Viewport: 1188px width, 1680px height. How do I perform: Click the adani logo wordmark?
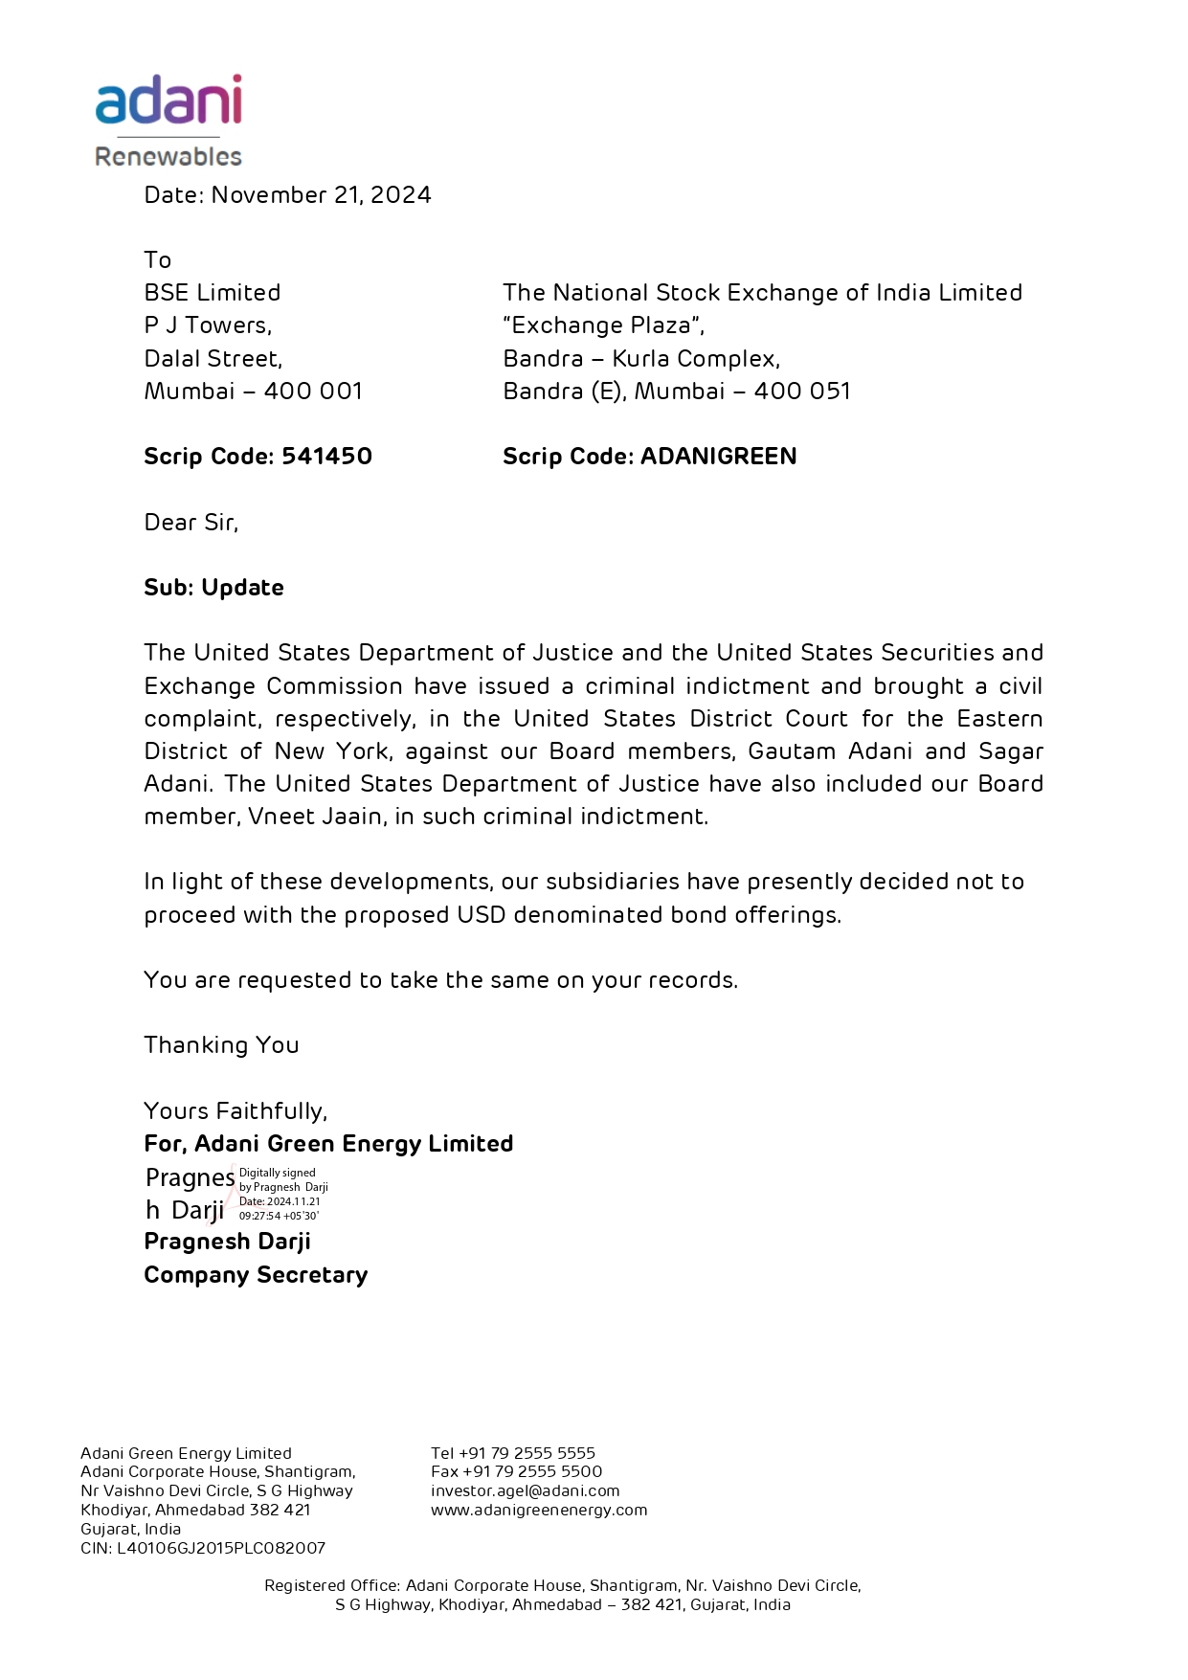168,101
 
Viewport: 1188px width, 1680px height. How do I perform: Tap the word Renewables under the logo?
168,156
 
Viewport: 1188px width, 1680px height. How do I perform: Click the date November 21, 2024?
321,195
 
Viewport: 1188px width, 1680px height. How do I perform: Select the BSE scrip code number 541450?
326,457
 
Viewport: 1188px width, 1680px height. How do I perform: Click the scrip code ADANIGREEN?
718,457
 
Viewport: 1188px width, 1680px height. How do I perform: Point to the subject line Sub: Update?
213,588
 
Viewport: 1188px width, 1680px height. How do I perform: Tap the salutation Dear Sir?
191,523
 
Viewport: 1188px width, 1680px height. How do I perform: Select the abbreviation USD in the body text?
481,915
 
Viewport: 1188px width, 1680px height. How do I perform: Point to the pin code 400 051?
801,392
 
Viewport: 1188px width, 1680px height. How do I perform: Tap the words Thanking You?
221,1045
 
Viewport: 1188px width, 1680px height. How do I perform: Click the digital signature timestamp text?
280,1209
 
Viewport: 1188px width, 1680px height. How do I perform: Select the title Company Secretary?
256,1275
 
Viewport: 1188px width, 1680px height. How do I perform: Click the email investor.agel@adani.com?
525,1490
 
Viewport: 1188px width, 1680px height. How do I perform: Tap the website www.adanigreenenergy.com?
539,1510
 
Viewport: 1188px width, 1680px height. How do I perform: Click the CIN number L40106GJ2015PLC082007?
221,1548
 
